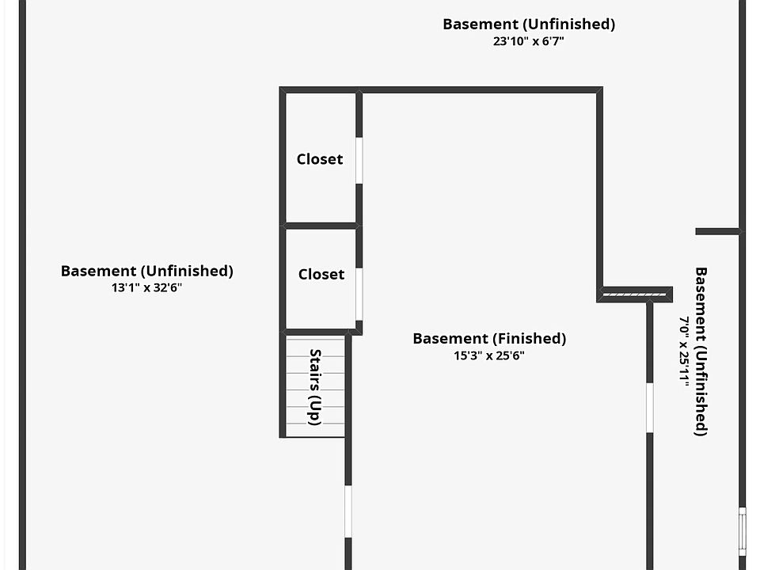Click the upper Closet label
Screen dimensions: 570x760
320,159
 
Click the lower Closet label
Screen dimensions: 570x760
321,275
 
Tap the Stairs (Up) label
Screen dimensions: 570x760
315,387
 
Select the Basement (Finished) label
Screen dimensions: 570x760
489,339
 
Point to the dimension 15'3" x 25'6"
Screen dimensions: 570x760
489,356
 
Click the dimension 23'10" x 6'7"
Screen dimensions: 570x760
528,41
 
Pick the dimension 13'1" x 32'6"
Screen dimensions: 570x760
147,288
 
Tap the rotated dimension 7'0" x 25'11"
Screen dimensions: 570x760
684,351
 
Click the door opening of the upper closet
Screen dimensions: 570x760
359,161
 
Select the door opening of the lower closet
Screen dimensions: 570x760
359,293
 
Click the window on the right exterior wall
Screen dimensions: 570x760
742,530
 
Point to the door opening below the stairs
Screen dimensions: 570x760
348,511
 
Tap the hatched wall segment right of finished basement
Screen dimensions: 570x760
636,294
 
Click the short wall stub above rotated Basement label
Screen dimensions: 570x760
718,231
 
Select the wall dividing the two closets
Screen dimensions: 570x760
321,226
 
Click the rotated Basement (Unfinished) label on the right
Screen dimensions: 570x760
701,351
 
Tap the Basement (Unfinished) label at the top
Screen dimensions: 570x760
528,24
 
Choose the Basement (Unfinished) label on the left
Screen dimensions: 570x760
147,271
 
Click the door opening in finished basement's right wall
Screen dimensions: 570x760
649,408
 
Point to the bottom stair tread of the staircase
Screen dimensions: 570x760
315,429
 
